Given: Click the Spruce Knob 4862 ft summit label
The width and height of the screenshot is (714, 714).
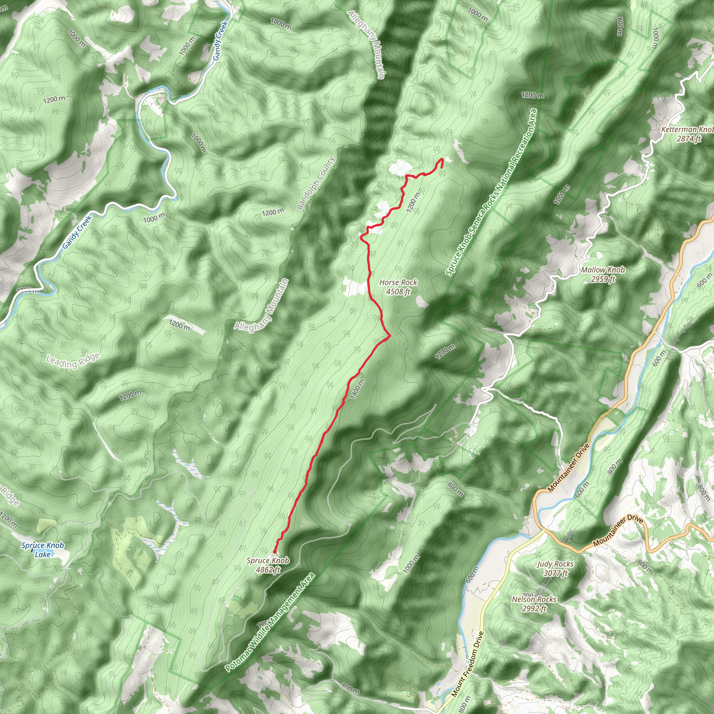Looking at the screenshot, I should coord(268,565).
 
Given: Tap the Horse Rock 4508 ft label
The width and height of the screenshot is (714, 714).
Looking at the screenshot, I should coord(398,287).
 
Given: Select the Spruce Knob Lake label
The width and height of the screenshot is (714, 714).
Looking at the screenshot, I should coord(43,549).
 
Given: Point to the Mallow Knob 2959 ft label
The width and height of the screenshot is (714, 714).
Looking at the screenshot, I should coord(603,275).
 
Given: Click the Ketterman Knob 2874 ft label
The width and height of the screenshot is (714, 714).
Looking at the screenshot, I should coord(687,134).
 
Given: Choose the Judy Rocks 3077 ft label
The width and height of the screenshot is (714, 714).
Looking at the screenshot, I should coord(555,568).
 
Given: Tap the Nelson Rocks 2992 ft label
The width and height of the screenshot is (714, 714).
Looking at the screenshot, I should coord(534,603).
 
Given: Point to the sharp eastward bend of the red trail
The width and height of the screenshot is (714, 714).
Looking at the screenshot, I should coord(390,336).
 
